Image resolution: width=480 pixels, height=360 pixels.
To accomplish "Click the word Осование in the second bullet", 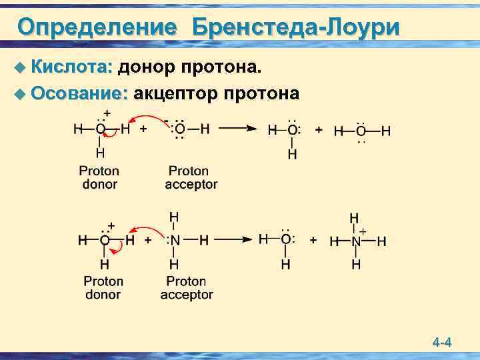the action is coord(79,94).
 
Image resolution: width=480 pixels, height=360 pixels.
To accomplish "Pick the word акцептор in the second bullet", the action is coord(175,94).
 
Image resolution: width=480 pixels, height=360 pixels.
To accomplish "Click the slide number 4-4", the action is coord(442,343).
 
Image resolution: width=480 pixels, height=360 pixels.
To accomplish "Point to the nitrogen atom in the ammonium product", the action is coord(355,241).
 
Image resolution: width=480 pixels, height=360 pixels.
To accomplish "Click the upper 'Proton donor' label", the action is coord(99,177).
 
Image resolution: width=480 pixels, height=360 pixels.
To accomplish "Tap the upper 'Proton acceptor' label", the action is coord(191,177).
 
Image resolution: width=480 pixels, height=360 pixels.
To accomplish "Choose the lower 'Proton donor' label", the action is coord(103,288).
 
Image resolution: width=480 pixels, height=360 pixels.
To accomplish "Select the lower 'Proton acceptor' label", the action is coord(187,288).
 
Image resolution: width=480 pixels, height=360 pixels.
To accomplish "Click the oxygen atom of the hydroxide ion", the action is coord(179,129).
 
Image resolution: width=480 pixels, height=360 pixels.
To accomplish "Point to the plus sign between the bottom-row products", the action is coord(313,240).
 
